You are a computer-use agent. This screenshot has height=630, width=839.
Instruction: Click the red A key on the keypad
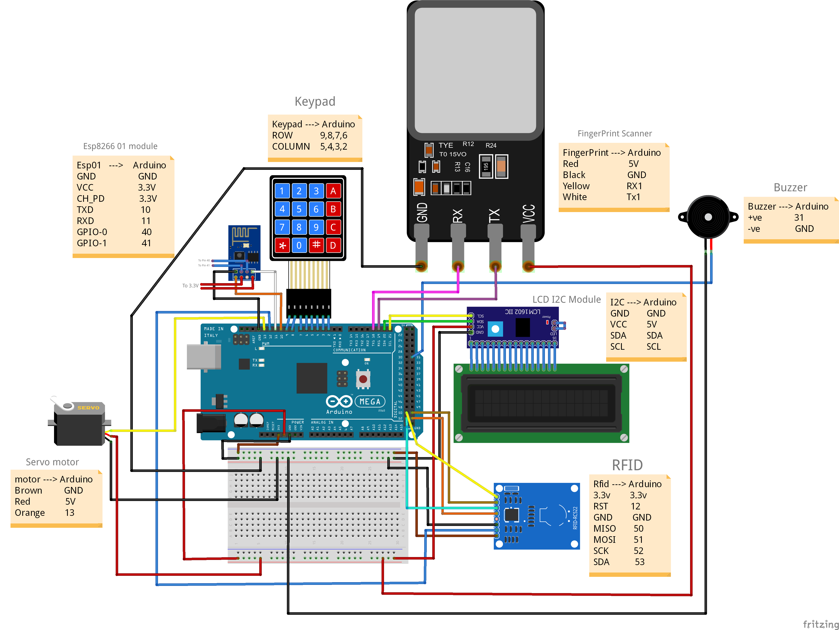(333, 191)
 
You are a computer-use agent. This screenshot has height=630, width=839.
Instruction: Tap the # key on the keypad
(316, 245)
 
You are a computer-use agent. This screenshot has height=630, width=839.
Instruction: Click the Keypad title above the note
(315, 102)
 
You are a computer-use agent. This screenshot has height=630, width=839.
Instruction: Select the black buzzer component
(708, 217)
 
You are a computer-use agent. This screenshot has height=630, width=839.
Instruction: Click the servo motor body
(79, 425)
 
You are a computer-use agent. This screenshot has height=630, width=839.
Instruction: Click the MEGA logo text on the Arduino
(370, 401)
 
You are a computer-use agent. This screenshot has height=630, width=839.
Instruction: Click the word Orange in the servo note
(29, 513)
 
